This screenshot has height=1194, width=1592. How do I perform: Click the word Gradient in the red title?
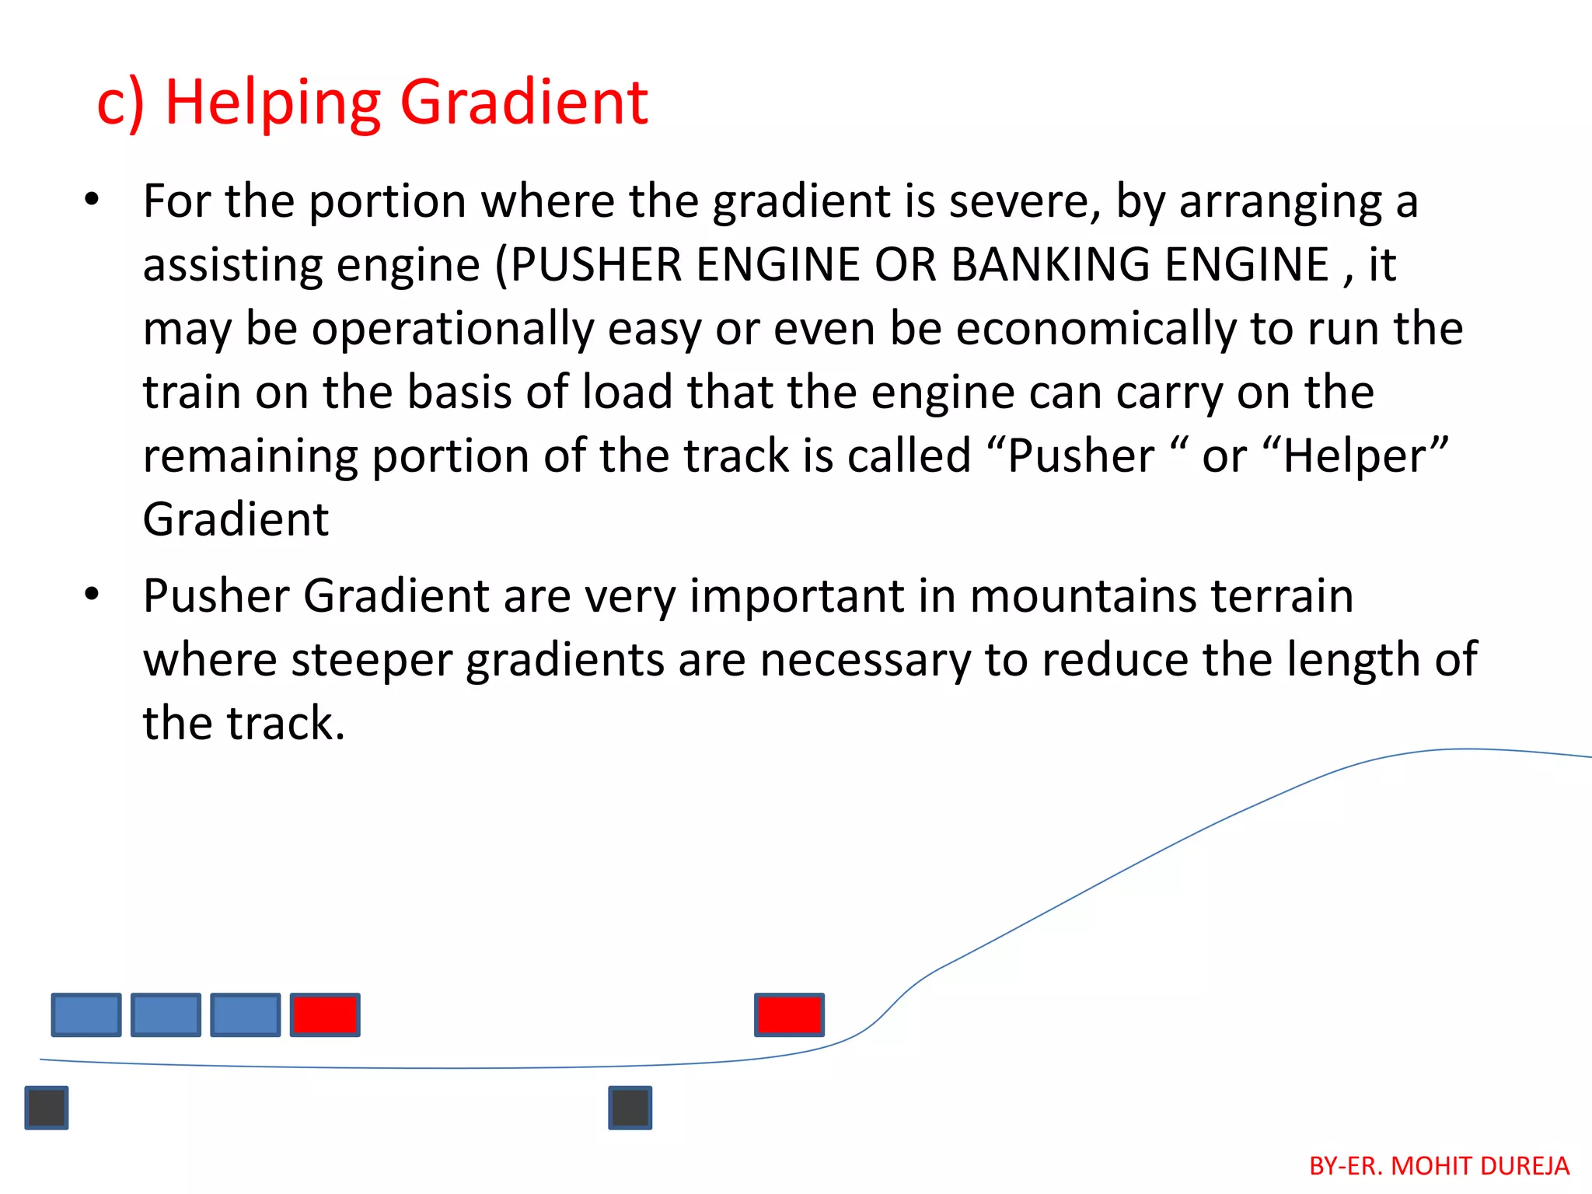click(523, 103)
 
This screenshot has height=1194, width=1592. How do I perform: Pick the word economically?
click(1095, 329)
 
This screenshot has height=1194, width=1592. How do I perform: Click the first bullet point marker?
click(93, 201)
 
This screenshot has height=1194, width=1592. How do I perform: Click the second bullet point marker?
click(93, 595)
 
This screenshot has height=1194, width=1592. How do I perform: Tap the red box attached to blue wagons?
click(325, 1014)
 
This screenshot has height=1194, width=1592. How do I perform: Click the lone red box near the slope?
click(789, 1014)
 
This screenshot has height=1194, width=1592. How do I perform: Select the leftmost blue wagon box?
click(86, 1014)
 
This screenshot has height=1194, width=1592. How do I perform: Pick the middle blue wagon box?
click(166, 1014)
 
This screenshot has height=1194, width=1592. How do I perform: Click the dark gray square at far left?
click(47, 1108)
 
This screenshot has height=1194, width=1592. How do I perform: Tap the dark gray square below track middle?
click(630, 1108)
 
